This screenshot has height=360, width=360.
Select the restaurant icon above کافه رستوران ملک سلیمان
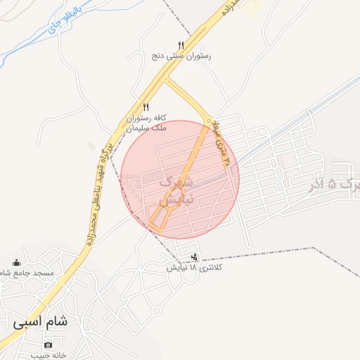click(146, 107)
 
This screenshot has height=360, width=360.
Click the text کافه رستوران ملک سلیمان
click(146, 123)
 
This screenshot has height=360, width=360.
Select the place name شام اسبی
click(40, 322)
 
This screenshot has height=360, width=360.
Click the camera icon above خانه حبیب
click(48, 345)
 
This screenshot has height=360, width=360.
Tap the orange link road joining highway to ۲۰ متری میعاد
click(187, 98)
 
